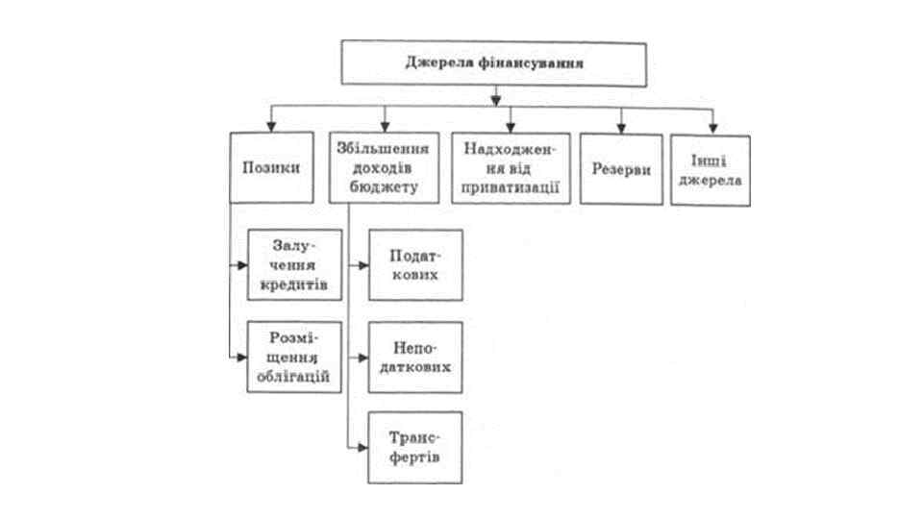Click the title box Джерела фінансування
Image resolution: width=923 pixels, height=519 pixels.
pyautogui.click(x=494, y=62)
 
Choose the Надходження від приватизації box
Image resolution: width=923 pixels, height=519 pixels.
pyautogui.click(x=511, y=167)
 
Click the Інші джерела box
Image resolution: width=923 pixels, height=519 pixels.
pyautogui.click(x=710, y=170)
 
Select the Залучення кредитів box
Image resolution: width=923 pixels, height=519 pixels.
pyautogui.click(x=294, y=264)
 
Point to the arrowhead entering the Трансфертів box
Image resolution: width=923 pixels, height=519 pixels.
pyautogui.click(x=362, y=447)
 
